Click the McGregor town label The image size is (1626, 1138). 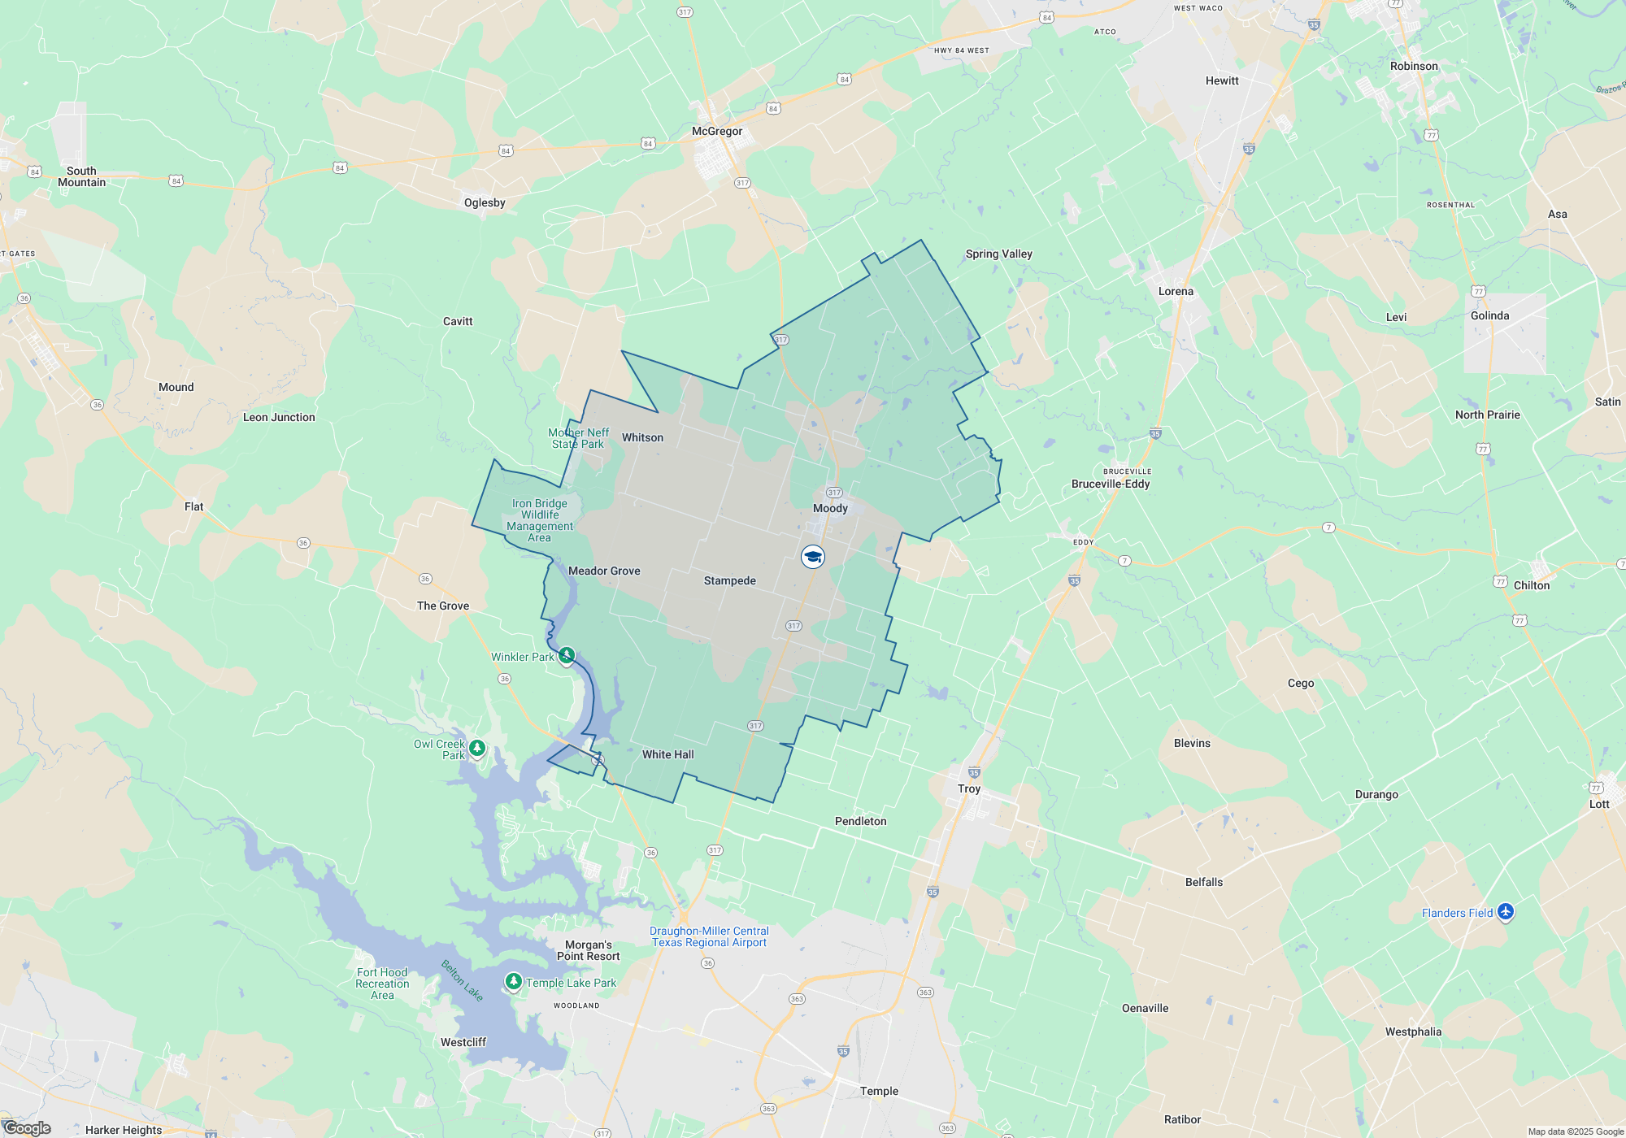(716, 131)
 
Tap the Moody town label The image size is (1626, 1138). (830, 508)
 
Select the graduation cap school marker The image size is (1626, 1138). (812, 557)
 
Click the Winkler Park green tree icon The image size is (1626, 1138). (567, 655)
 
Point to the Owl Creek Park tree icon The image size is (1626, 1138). (477, 747)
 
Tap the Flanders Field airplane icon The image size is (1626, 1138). (1505, 912)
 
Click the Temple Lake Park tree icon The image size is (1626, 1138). (513, 981)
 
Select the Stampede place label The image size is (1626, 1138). (729, 580)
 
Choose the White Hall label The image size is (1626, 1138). (667, 754)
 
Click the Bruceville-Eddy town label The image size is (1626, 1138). (1111, 484)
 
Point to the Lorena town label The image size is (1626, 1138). (1176, 291)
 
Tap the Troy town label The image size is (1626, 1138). (969, 788)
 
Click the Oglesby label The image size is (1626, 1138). (485, 202)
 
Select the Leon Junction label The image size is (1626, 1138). (279, 417)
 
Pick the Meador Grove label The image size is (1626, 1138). (604, 571)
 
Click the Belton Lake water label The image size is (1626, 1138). (462, 980)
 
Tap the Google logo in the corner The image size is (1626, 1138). (28, 1127)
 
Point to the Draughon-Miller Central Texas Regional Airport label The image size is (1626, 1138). (709, 936)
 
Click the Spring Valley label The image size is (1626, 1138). (998, 254)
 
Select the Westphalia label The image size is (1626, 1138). (1413, 1032)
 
